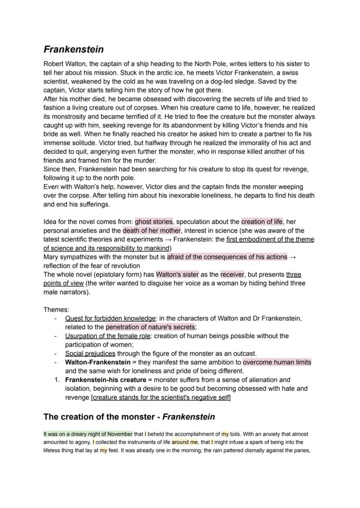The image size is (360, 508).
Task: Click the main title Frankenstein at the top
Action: click(x=73, y=50)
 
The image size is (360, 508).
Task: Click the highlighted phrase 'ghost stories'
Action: click(x=153, y=222)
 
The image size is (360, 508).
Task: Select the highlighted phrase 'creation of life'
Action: click(x=262, y=222)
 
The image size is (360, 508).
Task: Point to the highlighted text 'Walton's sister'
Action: click(x=177, y=274)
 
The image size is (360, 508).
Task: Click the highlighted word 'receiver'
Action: click(x=233, y=274)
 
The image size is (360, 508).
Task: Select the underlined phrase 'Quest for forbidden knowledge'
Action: click(x=110, y=318)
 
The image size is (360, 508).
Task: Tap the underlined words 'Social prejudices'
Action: click(x=90, y=353)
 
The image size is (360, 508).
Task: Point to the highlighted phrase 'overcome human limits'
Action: click(x=277, y=362)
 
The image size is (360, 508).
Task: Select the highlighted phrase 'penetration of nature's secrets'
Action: click(x=150, y=327)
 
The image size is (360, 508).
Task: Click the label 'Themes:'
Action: click(x=56, y=309)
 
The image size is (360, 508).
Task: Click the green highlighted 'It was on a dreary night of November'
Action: click(x=88, y=434)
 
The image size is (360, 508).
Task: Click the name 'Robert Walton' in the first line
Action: click(x=64, y=64)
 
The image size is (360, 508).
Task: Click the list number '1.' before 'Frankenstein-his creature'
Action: click(x=57, y=379)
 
